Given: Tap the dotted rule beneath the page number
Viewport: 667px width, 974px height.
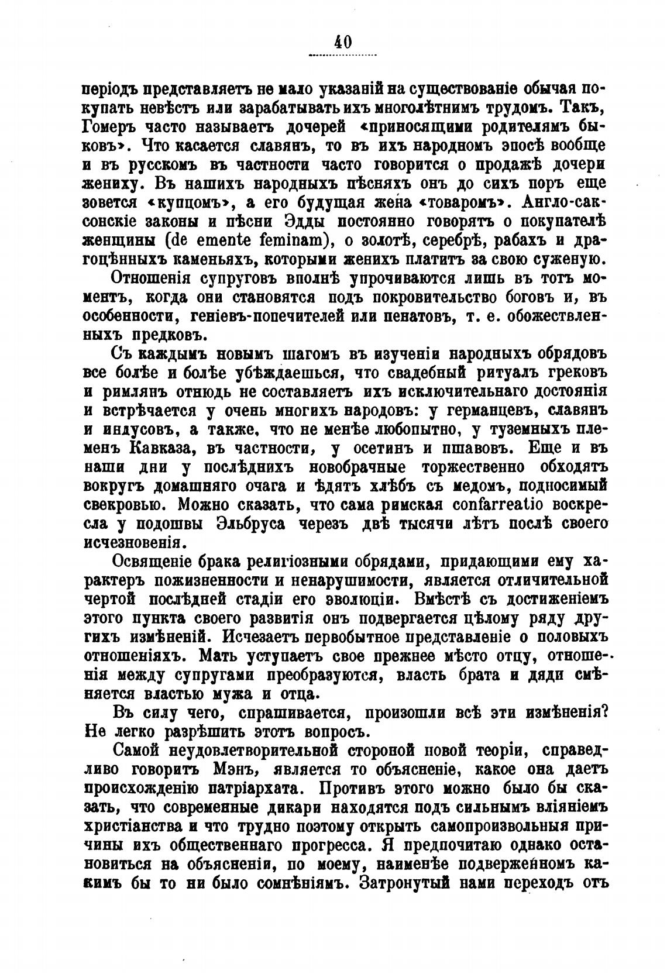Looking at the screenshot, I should click(x=342, y=56).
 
